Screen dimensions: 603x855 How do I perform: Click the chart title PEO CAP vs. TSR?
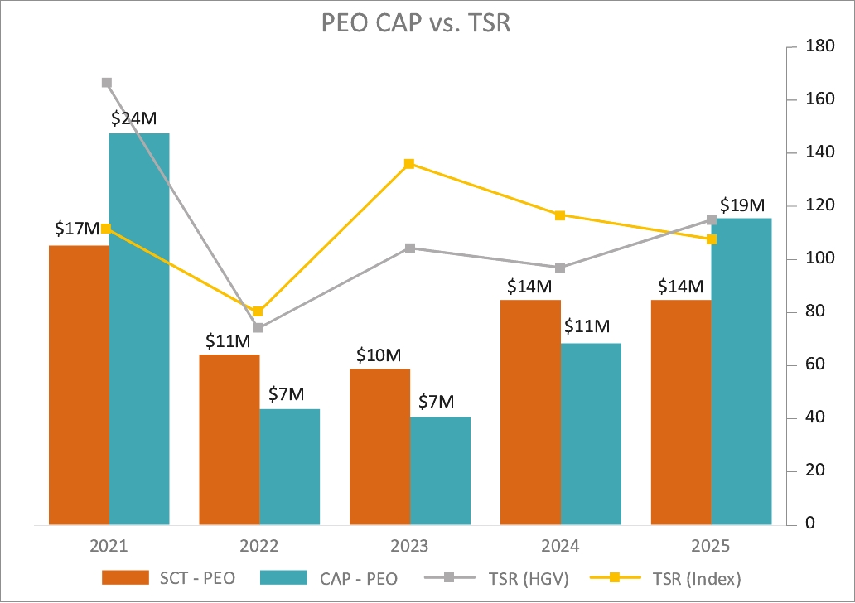415,22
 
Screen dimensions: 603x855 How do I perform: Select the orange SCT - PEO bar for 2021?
79,385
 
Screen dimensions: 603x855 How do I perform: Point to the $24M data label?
133,118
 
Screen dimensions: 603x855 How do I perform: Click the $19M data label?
741,205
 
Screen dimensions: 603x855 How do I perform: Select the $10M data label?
379,355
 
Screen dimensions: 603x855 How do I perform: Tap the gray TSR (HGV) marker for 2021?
107,83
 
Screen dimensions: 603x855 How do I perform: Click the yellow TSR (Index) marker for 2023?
409,164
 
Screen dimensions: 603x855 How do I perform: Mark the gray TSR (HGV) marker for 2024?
560,268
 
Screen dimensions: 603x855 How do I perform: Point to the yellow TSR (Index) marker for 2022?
258,311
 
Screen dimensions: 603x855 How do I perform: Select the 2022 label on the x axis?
258,547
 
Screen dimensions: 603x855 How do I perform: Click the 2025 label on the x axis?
711,547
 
